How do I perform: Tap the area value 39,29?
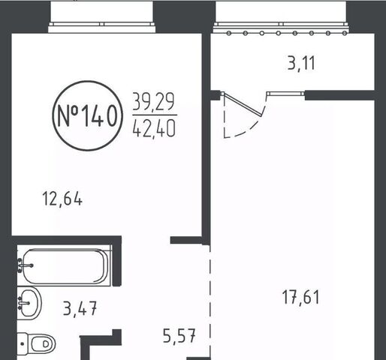[x=153, y=101]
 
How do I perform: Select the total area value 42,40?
[x=154, y=127]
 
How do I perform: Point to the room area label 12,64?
[x=62, y=199]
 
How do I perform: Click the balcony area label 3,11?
[x=301, y=63]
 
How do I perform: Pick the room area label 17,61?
[x=301, y=296]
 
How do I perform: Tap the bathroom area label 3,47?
[x=80, y=308]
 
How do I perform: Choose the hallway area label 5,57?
[x=179, y=335]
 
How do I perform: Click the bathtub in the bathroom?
[x=65, y=266]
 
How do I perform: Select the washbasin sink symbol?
[x=29, y=303]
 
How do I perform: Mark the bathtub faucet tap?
[x=26, y=265]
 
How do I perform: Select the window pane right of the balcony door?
[x=285, y=94]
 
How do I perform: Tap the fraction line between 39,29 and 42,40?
[x=155, y=115]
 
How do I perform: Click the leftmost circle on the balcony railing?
[x=228, y=33]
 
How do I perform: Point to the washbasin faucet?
[x=24, y=303]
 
